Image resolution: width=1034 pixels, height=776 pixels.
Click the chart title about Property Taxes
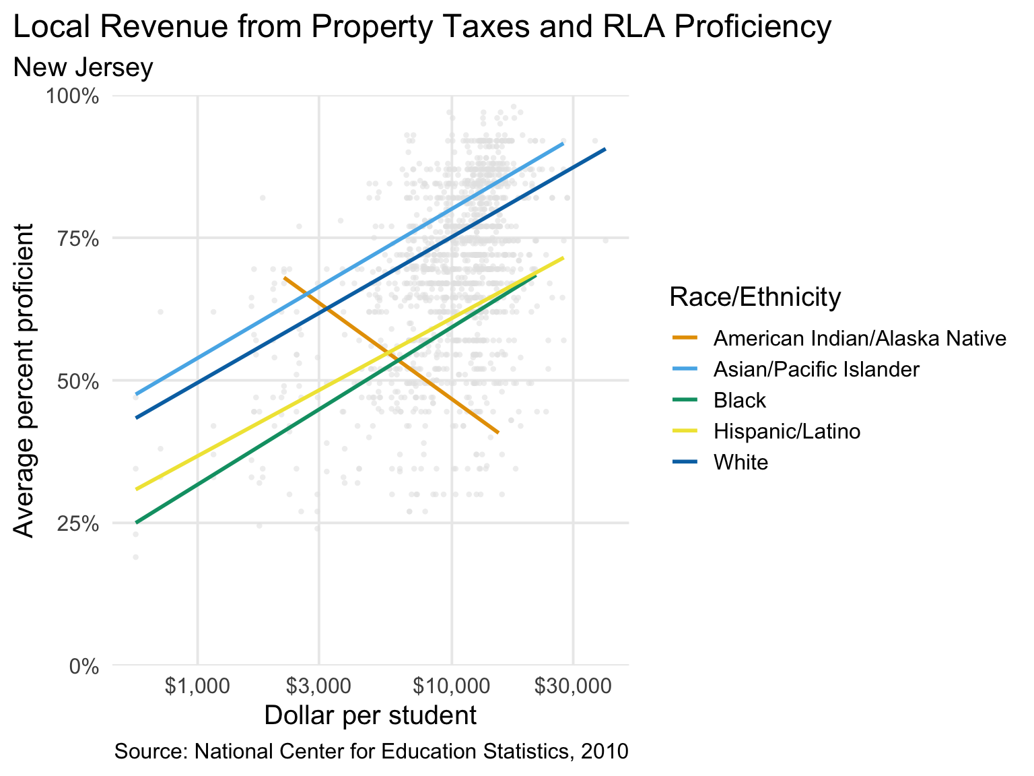[x=422, y=28]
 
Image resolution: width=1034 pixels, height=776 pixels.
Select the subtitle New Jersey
[x=83, y=68]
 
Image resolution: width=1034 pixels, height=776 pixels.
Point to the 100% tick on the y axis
[x=72, y=96]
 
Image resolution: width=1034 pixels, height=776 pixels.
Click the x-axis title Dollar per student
[x=370, y=715]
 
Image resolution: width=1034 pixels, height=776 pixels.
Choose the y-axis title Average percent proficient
[x=24, y=381]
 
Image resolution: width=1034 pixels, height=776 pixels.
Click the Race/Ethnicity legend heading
[x=755, y=296]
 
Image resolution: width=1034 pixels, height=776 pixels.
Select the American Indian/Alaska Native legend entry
[x=860, y=338]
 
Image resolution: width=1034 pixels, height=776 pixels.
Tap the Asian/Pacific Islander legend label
[x=816, y=369]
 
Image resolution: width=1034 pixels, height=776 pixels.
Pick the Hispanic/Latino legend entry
[x=786, y=431]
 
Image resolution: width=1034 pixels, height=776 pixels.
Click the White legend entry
[x=740, y=462]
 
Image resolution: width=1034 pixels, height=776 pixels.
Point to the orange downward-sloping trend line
[x=391, y=355]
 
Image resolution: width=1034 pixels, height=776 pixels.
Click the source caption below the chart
[x=372, y=751]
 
